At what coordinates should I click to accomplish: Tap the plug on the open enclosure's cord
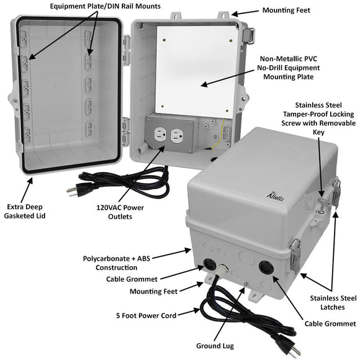pyautogui.click(x=73, y=192)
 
